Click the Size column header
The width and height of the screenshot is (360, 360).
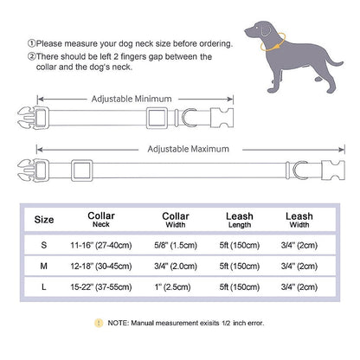(42, 220)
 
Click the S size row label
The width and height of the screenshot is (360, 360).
(42, 246)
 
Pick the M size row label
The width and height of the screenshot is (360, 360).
(42, 267)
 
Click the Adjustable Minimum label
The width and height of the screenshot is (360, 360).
(137, 100)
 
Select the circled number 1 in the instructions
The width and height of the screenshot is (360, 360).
(32, 43)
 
